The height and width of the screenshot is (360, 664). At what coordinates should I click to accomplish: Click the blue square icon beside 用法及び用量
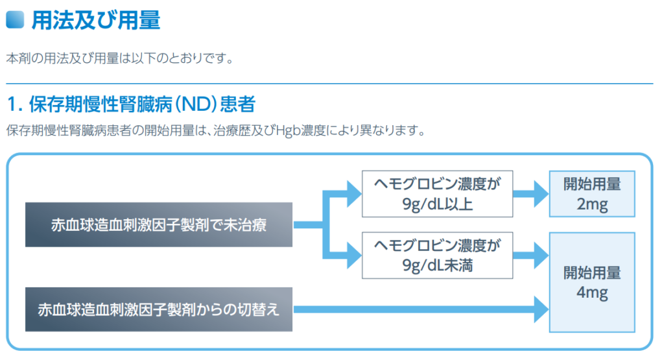[14, 19]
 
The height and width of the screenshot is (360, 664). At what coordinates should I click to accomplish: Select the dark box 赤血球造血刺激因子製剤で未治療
[159, 224]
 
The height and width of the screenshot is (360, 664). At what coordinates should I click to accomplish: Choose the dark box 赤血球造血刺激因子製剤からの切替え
[159, 309]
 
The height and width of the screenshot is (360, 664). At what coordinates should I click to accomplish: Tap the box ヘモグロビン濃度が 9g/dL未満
[438, 256]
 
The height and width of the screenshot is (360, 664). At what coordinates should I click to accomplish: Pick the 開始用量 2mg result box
[591, 194]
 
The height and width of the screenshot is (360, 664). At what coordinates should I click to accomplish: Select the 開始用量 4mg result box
[591, 283]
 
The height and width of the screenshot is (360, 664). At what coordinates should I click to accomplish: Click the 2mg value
[591, 205]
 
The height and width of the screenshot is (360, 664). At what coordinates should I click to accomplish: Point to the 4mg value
[591, 293]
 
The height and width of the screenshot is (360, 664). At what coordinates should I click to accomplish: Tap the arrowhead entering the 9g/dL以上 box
[353, 193]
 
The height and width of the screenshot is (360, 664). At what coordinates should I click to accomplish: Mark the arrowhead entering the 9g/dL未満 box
[353, 255]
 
